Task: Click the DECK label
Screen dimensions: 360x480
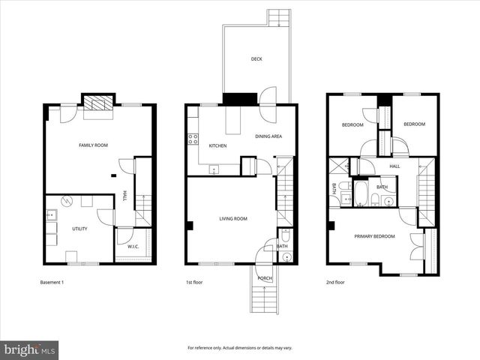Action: coord(256,58)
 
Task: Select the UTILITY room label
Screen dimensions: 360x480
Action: coord(79,228)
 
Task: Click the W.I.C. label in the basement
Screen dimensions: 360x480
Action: coord(133,246)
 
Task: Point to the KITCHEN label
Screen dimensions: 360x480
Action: coord(217,145)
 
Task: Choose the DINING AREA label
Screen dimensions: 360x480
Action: coord(268,136)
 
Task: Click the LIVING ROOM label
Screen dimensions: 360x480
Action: coord(232,219)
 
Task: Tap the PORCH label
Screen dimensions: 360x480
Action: coord(265,278)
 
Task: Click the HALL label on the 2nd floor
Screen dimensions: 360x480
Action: coord(394,166)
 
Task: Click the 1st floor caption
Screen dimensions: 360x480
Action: coord(194,283)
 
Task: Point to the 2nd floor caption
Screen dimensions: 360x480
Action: coord(334,283)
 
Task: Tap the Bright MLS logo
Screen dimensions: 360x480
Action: coord(30,349)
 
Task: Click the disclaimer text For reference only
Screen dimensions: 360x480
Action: coord(239,348)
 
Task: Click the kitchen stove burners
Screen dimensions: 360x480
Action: coord(193,139)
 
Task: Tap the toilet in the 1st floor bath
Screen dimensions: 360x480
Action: coord(285,256)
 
